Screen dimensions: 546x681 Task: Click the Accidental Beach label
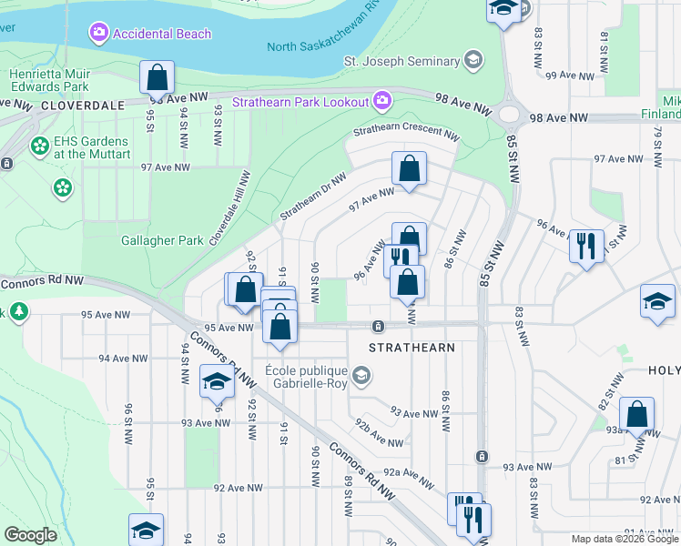(162, 34)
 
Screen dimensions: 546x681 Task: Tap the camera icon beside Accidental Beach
(98, 34)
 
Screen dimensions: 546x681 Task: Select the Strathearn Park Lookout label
(300, 102)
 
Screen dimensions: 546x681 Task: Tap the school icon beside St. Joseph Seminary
(473, 61)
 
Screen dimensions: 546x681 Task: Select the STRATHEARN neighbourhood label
(411, 347)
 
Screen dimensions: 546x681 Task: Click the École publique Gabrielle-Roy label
(306, 378)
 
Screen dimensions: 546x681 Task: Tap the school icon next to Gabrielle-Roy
(361, 375)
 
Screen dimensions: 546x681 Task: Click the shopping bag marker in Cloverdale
(157, 77)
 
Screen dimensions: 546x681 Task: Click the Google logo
(31, 534)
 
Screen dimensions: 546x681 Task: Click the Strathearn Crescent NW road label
(405, 133)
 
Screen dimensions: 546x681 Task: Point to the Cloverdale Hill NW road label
(230, 208)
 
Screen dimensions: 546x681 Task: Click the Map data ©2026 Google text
(624, 539)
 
